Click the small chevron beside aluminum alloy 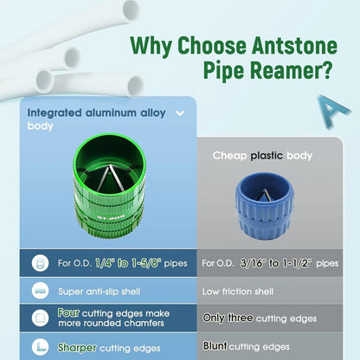[x=180, y=112]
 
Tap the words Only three [x=228, y=318]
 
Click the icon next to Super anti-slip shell [x=38, y=292]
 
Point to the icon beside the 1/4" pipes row [x=38, y=262]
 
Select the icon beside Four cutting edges [x=38, y=318]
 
